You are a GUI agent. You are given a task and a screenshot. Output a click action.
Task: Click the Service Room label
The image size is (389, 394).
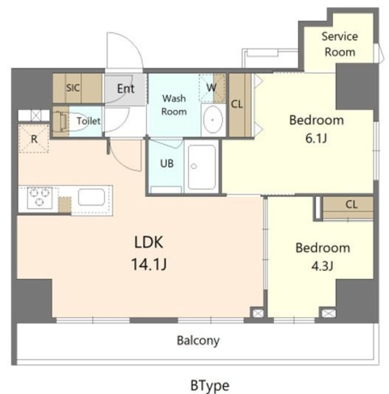(340, 44)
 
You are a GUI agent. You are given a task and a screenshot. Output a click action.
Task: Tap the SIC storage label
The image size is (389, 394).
(73, 87)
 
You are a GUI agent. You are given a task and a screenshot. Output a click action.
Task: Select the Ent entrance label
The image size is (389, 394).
(126, 89)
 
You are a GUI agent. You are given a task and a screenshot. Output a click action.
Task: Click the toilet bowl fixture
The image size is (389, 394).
(73, 121)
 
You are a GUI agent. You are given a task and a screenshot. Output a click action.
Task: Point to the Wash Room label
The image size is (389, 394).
(174, 105)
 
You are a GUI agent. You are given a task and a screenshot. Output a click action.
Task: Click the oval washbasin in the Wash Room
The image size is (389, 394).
(212, 120)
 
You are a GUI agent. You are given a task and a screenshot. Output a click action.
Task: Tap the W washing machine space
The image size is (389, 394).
(212, 87)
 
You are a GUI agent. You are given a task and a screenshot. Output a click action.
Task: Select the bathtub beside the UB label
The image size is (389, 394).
(201, 166)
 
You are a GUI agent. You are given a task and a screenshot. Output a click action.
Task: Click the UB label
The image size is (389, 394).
(167, 164)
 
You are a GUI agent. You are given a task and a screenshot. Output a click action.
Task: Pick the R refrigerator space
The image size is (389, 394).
(34, 139)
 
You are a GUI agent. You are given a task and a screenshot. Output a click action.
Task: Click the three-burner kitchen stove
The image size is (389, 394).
(40, 198)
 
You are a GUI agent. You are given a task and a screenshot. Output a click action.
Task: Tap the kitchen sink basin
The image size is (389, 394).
(91, 197)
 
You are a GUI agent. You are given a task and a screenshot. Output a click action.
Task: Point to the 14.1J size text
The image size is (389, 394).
(149, 264)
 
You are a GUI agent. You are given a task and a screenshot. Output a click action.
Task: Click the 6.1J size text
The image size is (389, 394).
(316, 138)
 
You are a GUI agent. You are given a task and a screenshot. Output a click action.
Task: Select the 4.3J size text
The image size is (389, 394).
(322, 265)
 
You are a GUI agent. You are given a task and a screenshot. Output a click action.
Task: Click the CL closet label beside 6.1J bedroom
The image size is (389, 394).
(237, 104)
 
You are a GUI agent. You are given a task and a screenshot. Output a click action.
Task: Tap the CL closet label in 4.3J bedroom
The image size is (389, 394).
(351, 204)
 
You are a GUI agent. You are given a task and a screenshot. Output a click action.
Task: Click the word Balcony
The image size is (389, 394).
(198, 340)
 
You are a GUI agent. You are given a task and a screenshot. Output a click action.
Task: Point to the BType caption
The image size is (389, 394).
(210, 385)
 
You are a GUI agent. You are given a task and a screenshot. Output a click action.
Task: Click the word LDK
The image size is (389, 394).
(149, 243)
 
